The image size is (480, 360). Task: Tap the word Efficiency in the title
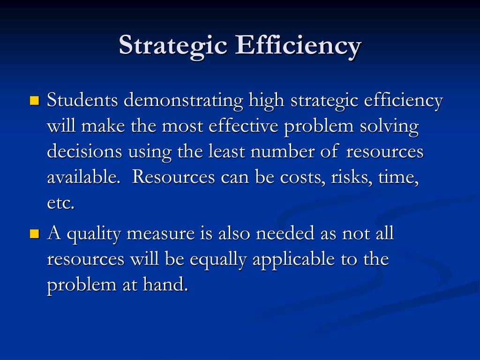tap(299, 45)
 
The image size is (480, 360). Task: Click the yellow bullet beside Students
tap(34, 101)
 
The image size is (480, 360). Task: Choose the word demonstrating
tap(179, 101)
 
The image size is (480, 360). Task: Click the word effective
tap(243, 127)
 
